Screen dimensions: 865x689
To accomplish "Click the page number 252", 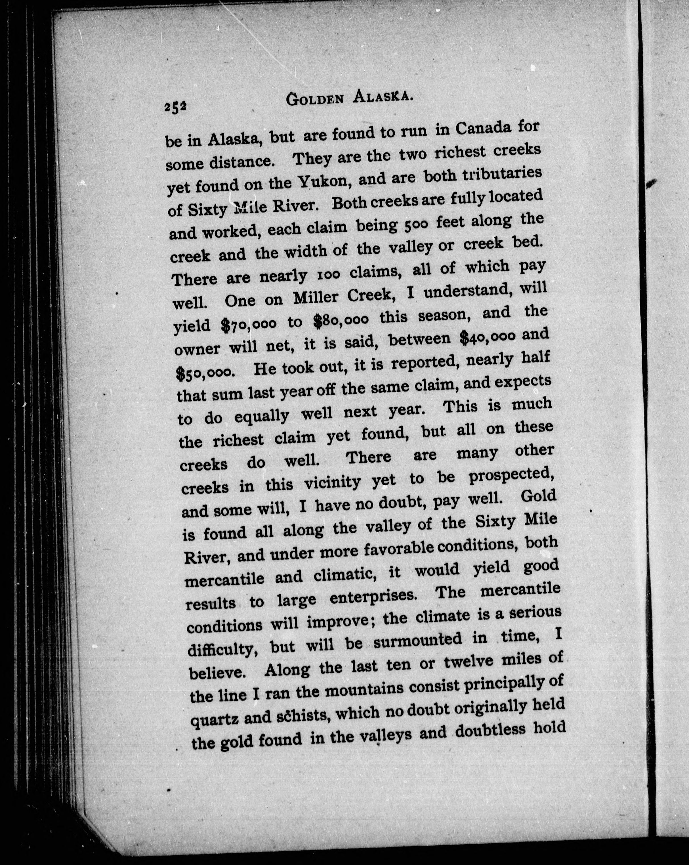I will [175, 108].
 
